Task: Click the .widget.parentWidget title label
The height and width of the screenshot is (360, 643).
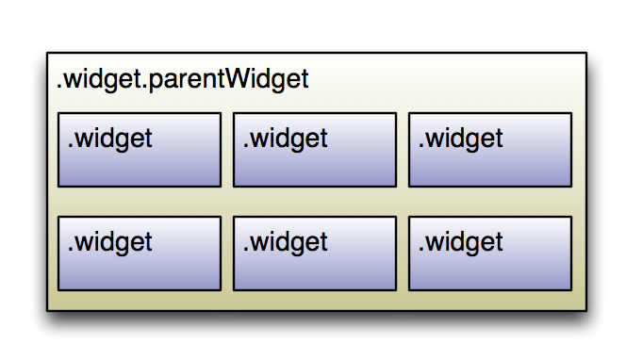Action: click(x=183, y=81)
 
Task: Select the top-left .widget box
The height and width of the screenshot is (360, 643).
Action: click(x=140, y=151)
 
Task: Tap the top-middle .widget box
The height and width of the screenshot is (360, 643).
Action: click(x=315, y=151)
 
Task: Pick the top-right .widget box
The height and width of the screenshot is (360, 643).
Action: click(x=490, y=151)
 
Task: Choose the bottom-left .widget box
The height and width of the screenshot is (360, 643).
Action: click(x=140, y=254)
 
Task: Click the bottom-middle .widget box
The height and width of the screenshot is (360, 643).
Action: click(x=315, y=254)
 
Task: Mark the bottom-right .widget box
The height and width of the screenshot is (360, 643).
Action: click(x=490, y=254)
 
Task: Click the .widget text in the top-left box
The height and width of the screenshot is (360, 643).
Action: click(x=109, y=139)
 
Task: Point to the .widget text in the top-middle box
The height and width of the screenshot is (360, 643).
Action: click(x=285, y=139)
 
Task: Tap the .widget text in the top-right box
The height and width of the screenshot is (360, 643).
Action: click(x=460, y=139)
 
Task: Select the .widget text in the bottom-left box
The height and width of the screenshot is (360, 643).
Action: click(x=109, y=242)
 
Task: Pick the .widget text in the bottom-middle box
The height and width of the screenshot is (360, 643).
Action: click(x=285, y=242)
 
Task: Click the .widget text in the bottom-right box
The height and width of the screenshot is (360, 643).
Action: click(x=460, y=242)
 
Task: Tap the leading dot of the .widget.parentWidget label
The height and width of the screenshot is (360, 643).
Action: click(x=59, y=88)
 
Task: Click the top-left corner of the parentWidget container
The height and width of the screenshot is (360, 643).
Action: click(x=47, y=53)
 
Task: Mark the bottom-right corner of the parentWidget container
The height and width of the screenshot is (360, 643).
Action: click(x=585, y=310)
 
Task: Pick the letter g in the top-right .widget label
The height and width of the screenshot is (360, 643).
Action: click(x=476, y=141)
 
